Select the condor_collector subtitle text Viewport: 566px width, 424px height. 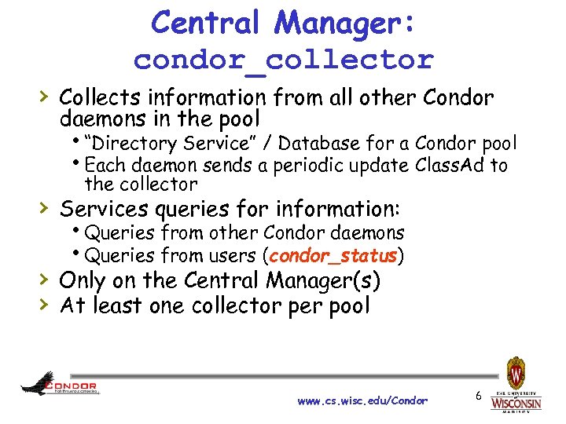point(283,60)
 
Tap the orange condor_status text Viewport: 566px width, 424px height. point(334,255)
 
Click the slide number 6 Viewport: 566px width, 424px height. point(478,397)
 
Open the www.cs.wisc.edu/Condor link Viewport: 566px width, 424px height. point(362,400)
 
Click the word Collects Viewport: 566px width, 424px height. point(101,98)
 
